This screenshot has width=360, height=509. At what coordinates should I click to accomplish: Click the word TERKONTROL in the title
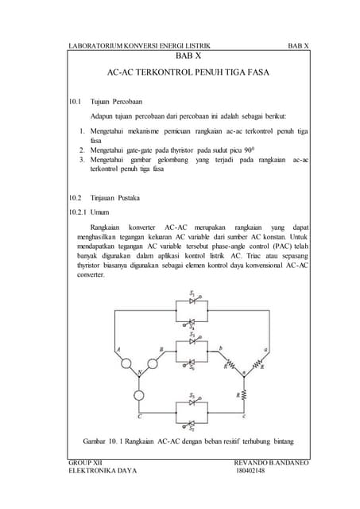172,72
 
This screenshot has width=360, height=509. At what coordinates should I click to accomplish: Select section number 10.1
76,103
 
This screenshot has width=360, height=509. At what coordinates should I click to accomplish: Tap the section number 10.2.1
79,212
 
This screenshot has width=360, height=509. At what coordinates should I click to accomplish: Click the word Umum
100,212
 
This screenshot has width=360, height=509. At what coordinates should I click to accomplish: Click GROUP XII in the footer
86,461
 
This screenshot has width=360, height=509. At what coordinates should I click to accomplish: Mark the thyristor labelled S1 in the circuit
192,302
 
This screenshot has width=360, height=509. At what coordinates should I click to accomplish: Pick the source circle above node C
139,394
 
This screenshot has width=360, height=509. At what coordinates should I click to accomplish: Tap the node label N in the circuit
141,372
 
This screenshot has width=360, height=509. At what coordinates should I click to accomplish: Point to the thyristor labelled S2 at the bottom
192,424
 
